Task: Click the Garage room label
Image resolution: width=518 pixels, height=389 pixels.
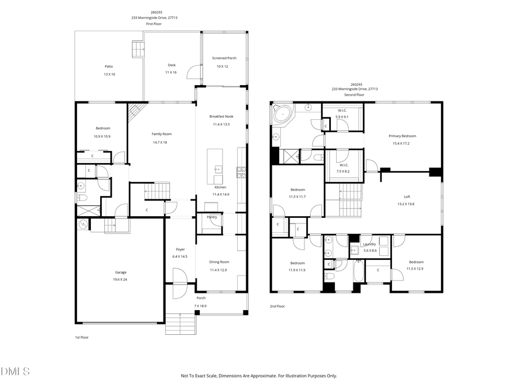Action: pos(120,272)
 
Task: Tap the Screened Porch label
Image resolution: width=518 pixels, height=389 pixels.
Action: pos(224,58)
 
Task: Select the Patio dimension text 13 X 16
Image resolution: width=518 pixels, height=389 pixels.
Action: pos(109,74)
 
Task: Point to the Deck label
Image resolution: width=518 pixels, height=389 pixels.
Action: pos(172,65)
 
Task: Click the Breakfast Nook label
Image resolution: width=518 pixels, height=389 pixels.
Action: pos(222,116)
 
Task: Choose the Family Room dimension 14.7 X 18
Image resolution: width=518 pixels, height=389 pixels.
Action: pos(159,142)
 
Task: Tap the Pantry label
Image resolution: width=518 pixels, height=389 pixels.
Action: pos(211,217)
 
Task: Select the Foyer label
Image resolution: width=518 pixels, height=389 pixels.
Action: pos(180,249)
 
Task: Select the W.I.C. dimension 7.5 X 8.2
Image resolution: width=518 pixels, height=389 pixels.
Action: pos(342,171)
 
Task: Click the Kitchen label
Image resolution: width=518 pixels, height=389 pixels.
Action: pos(220,187)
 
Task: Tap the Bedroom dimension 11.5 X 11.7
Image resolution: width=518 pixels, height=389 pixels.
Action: pos(298,197)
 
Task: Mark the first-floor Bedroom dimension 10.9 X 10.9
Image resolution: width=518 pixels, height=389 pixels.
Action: pos(102,136)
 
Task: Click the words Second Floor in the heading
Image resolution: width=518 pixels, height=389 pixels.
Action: pos(354,95)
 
